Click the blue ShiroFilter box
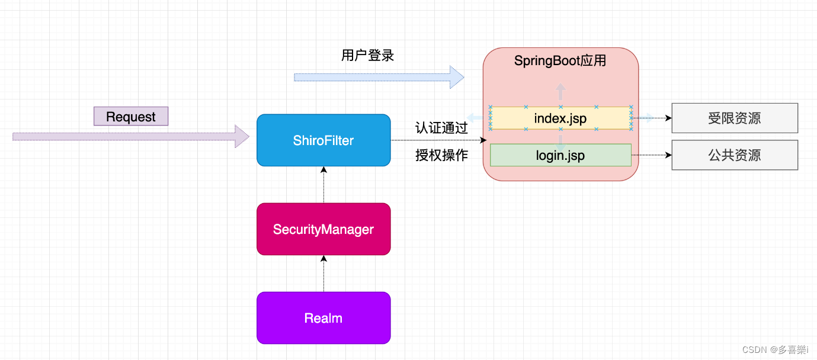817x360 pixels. [x=323, y=140]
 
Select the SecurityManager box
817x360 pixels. [x=323, y=229]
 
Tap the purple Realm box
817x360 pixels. [x=323, y=318]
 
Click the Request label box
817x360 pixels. [x=131, y=117]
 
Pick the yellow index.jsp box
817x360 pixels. [x=560, y=118]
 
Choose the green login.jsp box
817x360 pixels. [x=560, y=155]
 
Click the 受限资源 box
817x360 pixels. [x=734, y=118]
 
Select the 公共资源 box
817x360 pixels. [x=734, y=155]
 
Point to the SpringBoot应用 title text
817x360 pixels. [x=560, y=61]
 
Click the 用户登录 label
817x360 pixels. [x=367, y=56]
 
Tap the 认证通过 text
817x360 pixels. [x=441, y=128]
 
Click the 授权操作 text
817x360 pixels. [x=441, y=155]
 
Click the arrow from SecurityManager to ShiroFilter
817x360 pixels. [x=323, y=185]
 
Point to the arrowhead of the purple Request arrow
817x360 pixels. [x=242, y=136]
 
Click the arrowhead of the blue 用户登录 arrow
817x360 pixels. [x=457, y=77]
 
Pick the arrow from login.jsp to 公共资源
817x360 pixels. [x=651, y=155]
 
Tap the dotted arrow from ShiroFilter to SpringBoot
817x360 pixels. [x=438, y=140]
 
